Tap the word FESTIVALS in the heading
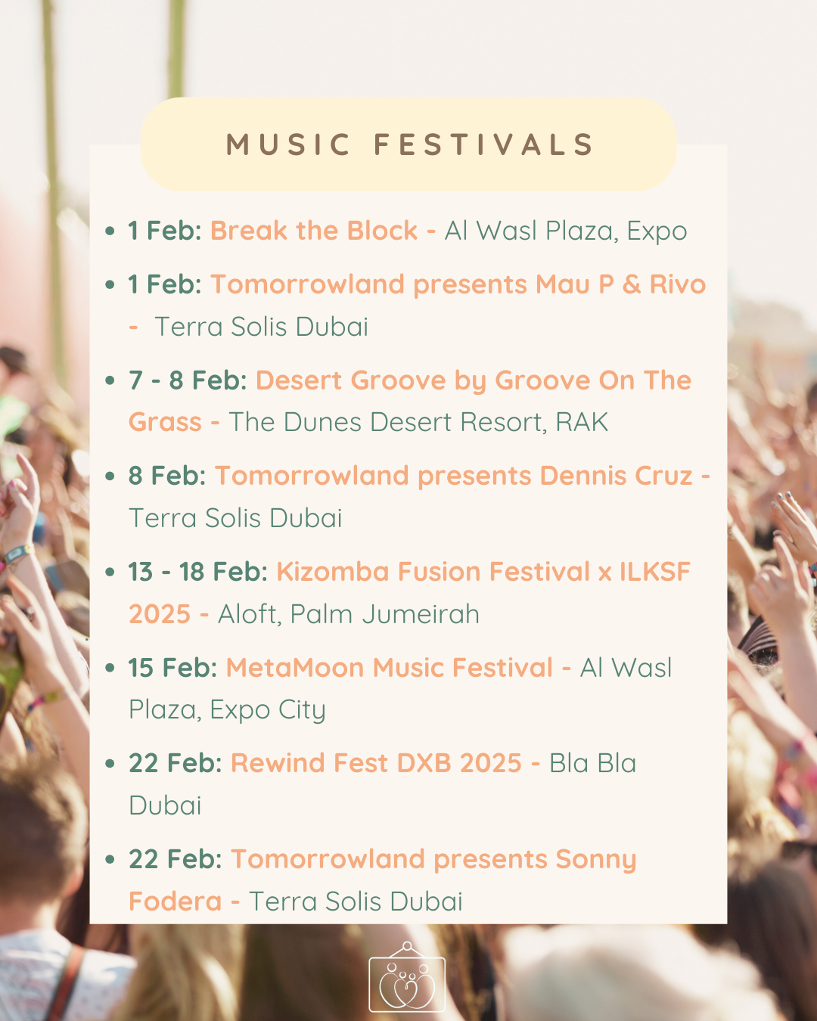click(483, 144)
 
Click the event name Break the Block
click(314, 231)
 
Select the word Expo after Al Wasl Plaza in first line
click(657, 232)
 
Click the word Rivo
click(678, 284)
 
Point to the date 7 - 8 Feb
click(188, 380)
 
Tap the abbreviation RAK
click(582, 422)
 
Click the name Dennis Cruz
click(617, 476)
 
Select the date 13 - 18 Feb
click(198, 571)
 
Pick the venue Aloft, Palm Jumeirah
click(349, 614)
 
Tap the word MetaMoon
click(295, 668)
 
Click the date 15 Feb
click(172, 668)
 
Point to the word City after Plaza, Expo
click(302, 711)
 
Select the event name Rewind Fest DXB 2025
click(376, 763)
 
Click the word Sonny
click(596, 860)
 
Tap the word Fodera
click(176, 901)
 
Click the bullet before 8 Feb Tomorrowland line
click(110, 476)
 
